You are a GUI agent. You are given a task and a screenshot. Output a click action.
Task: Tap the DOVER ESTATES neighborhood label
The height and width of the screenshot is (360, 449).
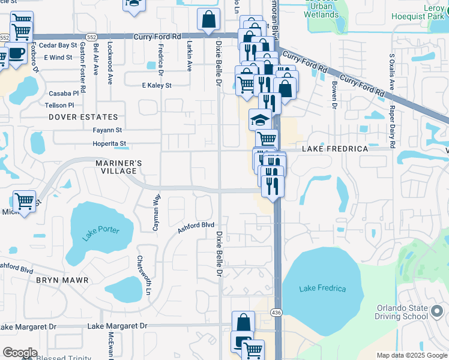coord(83,117)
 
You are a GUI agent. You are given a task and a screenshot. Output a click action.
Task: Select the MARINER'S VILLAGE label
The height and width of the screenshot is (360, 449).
coord(119,167)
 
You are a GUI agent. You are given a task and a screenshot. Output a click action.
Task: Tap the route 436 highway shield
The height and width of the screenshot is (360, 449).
coord(276,313)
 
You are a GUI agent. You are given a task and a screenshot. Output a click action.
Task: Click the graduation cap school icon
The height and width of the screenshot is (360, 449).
coord(260,120)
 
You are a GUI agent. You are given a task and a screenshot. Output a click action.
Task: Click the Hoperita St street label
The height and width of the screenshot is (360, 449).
coord(109,144)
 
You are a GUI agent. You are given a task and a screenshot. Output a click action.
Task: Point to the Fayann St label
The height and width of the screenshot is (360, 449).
coord(107,130)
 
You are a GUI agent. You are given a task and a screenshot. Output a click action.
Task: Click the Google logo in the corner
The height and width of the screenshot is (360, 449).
coord(19,353)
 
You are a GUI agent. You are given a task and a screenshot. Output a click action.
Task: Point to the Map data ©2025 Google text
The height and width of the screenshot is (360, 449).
coord(412,355)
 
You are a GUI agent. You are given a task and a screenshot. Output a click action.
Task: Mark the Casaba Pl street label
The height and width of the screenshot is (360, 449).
coord(64,94)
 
